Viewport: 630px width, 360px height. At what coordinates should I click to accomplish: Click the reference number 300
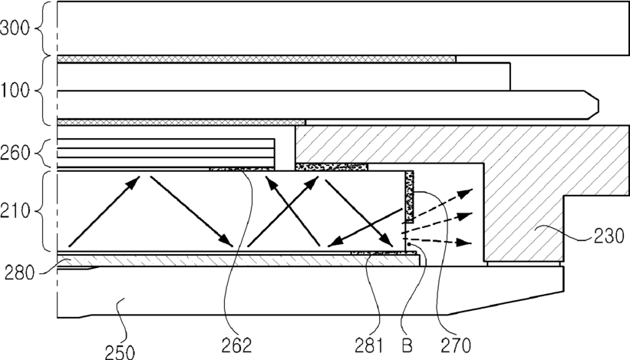[x=15, y=28]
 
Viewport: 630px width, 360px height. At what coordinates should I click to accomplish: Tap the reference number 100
[x=15, y=91]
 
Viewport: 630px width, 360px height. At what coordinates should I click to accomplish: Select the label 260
[x=15, y=153]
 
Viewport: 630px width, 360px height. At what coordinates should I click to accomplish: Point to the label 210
[x=15, y=210]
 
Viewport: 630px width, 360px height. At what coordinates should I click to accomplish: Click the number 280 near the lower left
[x=19, y=273]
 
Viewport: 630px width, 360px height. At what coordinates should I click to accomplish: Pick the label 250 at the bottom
[x=120, y=352]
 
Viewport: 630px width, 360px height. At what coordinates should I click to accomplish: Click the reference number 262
[x=236, y=345]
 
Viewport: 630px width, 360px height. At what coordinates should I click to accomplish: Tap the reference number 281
[x=369, y=345]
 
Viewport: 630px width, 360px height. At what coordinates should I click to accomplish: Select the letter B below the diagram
[x=407, y=345]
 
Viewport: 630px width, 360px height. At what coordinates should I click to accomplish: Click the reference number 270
[x=456, y=345]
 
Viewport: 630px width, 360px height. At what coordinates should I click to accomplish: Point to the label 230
[x=609, y=236]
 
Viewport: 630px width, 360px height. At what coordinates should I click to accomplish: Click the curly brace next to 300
[x=44, y=28]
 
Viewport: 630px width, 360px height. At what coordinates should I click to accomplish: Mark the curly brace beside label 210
[x=44, y=211]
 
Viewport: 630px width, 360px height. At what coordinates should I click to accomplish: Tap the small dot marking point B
[x=409, y=244]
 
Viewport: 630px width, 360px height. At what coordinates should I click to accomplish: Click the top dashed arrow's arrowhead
[x=466, y=193]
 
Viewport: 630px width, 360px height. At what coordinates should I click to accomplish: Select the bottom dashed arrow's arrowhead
[x=464, y=243]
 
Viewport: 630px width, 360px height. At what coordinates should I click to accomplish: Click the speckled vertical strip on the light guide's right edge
[x=410, y=197]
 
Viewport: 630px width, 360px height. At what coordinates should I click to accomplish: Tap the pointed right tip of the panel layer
[x=599, y=105]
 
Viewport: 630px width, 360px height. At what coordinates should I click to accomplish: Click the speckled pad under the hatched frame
[x=331, y=167]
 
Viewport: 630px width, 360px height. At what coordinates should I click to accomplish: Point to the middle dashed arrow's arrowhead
[x=465, y=216]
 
